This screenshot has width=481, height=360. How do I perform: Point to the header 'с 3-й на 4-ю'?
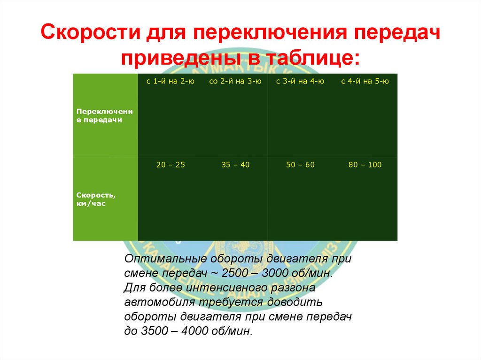point(300,81)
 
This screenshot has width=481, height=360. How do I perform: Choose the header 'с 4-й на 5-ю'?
point(365,81)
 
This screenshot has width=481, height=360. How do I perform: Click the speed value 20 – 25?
point(170,165)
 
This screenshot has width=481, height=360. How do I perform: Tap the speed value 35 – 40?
point(235,165)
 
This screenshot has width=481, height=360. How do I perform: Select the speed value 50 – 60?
point(300,165)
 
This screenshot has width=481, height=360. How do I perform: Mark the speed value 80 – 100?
point(365,165)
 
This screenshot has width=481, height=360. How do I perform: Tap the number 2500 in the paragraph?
point(227,273)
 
